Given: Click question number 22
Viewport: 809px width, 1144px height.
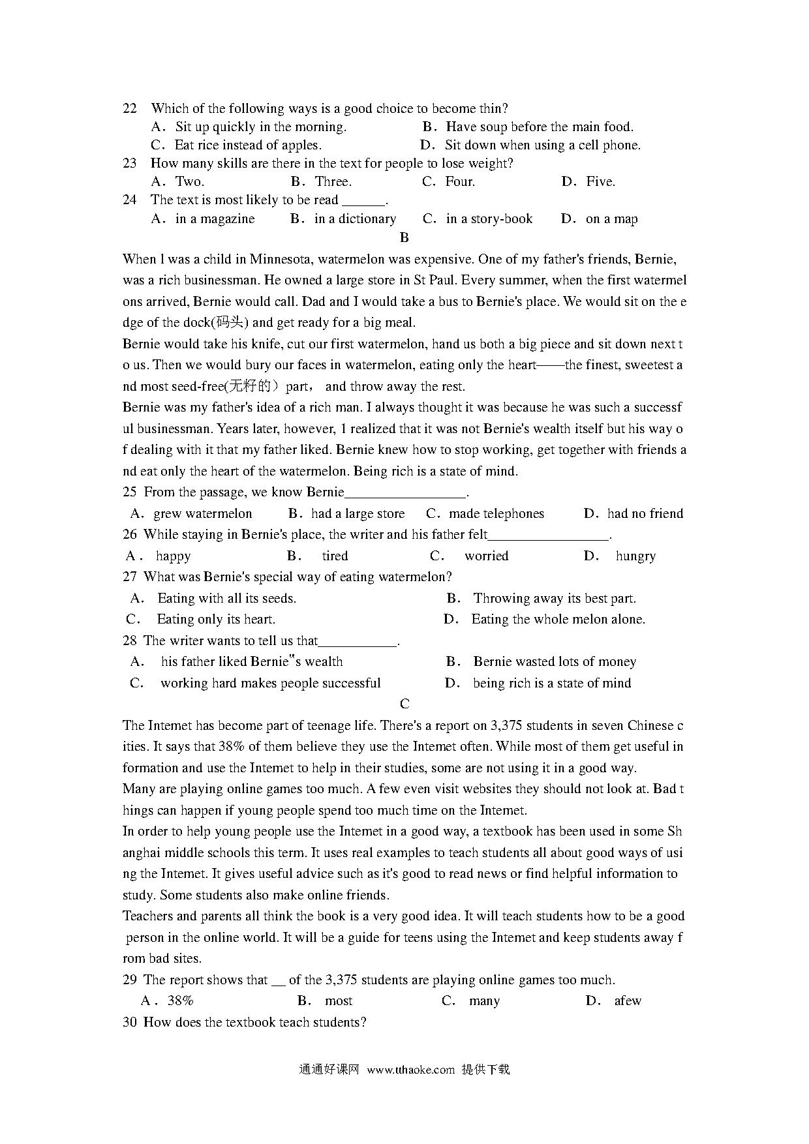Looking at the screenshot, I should (x=130, y=108).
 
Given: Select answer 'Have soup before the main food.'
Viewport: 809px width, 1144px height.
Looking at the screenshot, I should (x=539, y=127).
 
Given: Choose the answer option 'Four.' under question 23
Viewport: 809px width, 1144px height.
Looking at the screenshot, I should (x=459, y=181).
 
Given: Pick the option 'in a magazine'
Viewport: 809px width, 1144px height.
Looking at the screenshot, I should (x=215, y=218).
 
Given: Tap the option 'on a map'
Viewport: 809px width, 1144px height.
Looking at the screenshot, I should (x=611, y=218).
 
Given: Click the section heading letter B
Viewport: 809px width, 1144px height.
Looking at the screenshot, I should (x=404, y=238).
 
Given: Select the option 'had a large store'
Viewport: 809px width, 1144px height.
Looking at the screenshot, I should (x=358, y=513).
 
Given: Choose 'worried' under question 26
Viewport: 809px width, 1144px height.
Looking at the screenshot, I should (x=486, y=556).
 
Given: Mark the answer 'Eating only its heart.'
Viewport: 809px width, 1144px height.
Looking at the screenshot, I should (x=215, y=619).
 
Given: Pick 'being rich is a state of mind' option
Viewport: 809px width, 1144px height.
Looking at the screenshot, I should (x=552, y=683).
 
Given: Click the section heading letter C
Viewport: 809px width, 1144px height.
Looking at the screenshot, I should (x=404, y=704).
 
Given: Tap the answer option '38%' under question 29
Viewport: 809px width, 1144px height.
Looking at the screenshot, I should (x=180, y=1001).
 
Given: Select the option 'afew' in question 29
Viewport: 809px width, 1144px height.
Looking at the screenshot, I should (x=628, y=1001).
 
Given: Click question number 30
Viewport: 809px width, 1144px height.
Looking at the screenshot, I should (x=129, y=1022).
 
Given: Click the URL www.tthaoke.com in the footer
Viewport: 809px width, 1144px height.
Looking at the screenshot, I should (x=410, y=1070).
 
